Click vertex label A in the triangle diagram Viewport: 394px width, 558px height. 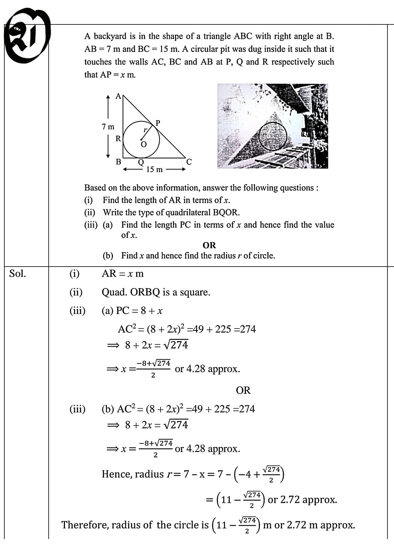pos(118,96)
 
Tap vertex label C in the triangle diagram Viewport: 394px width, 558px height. pos(189,162)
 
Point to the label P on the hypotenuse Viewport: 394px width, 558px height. pos(158,123)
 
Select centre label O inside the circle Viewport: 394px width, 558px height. pos(144,145)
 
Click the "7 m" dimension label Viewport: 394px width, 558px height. pos(108,127)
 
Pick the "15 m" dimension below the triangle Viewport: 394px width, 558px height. pos(154,169)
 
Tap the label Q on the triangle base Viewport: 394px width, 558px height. pos(140,162)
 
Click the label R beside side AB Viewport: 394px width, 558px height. pos(118,139)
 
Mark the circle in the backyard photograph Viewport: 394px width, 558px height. pos(273,135)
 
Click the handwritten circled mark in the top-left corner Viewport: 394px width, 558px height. pos(26,37)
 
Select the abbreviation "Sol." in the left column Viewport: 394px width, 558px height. pos(18,274)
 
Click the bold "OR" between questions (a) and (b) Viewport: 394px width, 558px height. pos(209,245)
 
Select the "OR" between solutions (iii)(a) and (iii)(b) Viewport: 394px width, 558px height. pos(243,390)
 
